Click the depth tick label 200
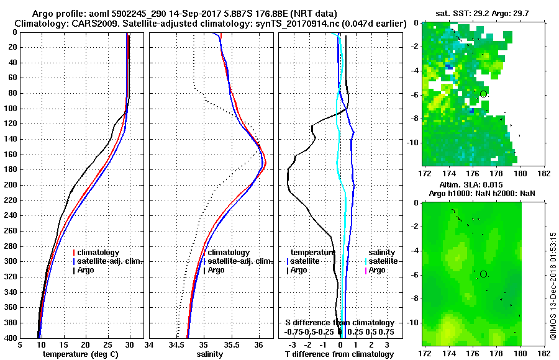[x=11, y=185]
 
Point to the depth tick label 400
[x=11, y=338]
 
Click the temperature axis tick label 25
[x=107, y=345]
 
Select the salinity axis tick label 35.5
[x=231, y=345]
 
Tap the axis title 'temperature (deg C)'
[x=81, y=354]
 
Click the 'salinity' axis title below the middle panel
[x=209, y=354]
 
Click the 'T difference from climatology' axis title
[x=340, y=354]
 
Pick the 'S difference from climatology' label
[x=340, y=323]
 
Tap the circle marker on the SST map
[x=483, y=94]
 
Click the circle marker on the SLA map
[x=483, y=274]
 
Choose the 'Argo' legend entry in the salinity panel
[x=217, y=270]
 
